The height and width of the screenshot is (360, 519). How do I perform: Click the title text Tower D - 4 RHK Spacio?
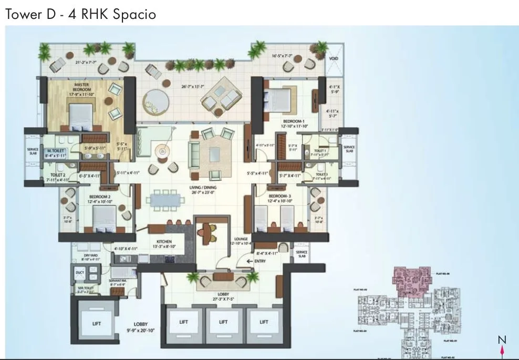coord(80,14)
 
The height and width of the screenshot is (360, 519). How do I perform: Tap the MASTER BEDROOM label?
coord(81,87)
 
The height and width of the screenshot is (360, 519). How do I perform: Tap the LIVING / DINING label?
coord(204,188)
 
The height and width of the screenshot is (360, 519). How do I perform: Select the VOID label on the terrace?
coord(334,58)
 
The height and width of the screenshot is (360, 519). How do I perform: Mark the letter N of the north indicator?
coord(502,340)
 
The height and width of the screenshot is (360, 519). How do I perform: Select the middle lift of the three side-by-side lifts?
coord(223,322)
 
